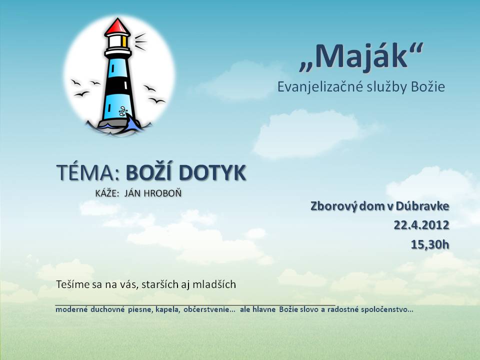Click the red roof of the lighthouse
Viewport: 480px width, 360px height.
click(117, 26)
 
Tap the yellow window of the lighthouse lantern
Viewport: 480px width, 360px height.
click(124, 41)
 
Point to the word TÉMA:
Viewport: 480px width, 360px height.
click(88, 172)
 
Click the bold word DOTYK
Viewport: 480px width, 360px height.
click(212, 172)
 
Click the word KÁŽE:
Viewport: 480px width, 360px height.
click(107, 193)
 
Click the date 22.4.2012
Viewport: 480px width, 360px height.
click(421, 225)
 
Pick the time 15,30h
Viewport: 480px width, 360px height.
click(430, 244)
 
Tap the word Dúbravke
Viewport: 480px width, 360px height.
click(422, 206)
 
